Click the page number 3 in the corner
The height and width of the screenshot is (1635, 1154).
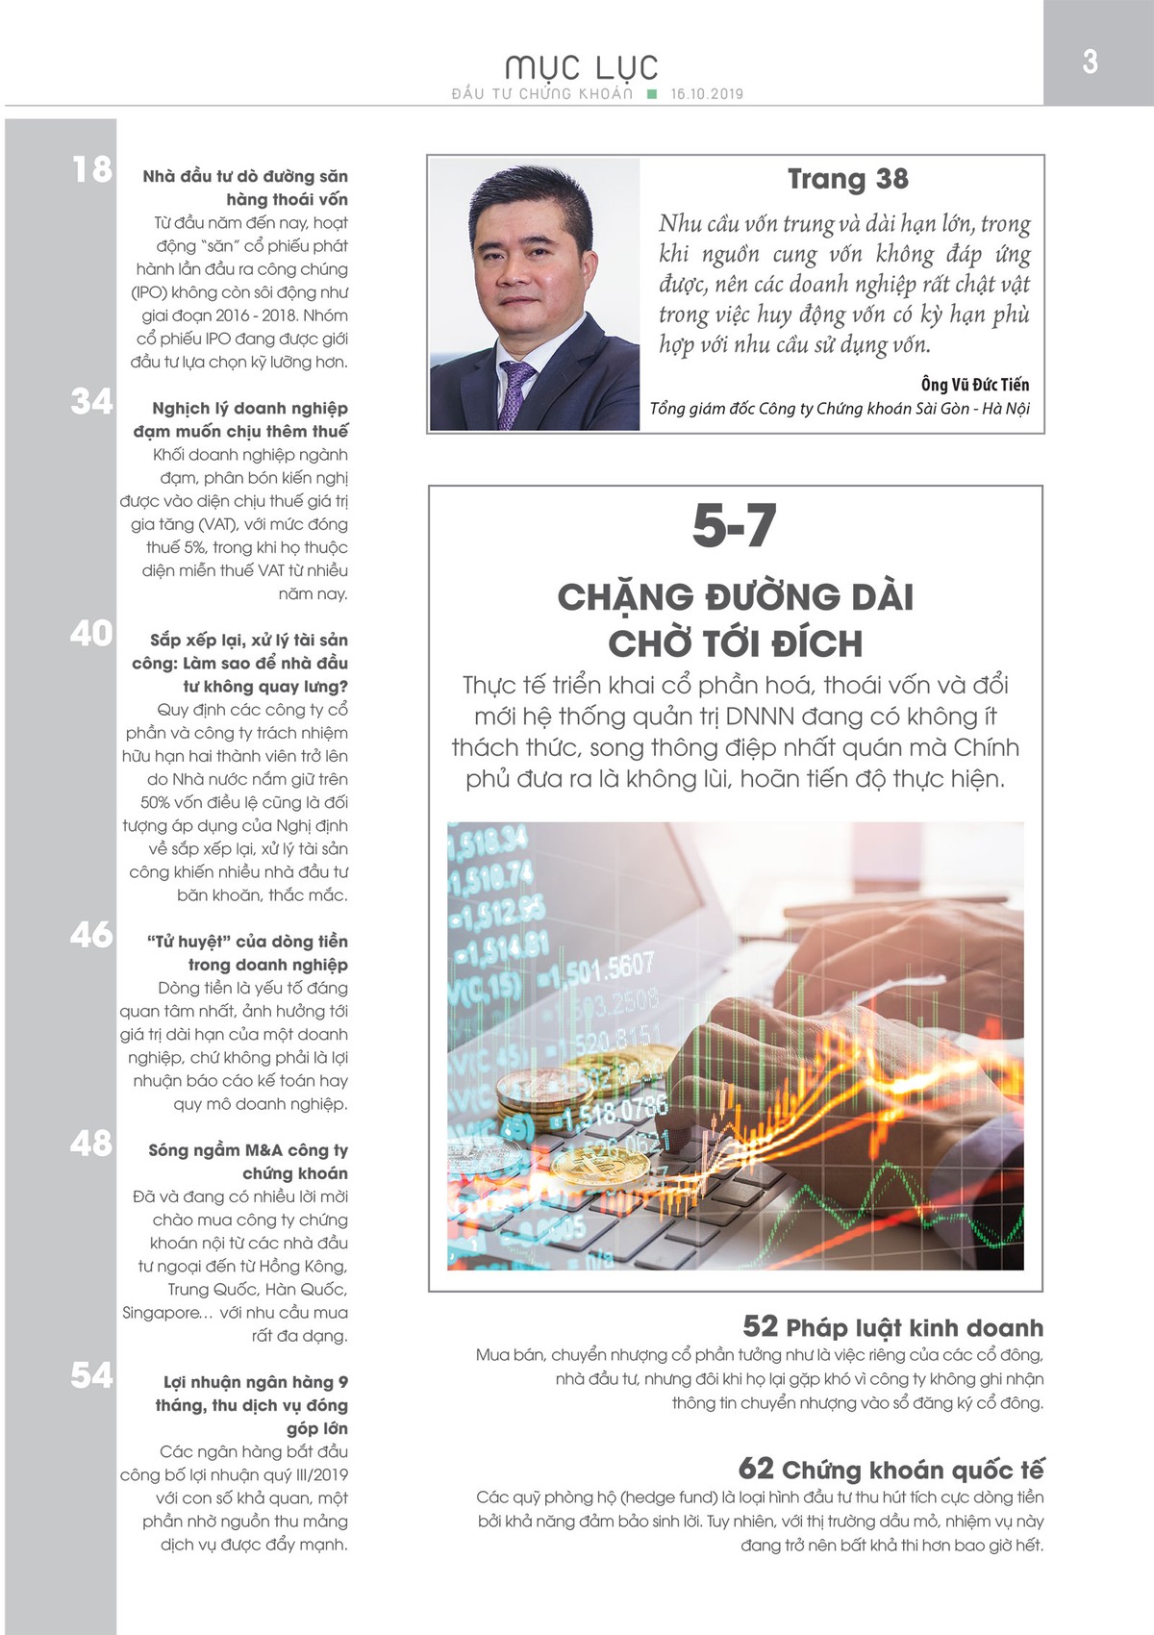click(1090, 62)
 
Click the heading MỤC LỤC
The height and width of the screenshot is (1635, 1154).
click(582, 67)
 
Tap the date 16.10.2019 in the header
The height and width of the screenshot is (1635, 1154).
click(707, 94)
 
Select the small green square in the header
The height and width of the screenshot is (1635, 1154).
click(652, 94)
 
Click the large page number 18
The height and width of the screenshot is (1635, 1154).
click(92, 170)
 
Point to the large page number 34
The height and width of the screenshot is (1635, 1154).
click(92, 401)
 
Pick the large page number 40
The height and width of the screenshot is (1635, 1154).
click(92, 634)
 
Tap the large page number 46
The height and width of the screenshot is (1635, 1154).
click(92, 935)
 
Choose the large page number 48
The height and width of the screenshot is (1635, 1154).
click(92, 1144)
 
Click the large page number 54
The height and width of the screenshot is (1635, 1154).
click(92, 1375)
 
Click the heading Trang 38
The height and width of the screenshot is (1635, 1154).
click(847, 179)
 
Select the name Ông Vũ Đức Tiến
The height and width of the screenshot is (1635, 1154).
click(974, 385)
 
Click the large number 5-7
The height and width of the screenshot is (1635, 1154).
click(735, 526)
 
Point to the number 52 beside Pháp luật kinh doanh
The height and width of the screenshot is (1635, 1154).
click(760, 1327)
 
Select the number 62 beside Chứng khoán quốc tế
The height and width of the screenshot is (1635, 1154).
click(756, 1469)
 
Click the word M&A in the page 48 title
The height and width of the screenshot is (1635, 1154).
click(263, 1150)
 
